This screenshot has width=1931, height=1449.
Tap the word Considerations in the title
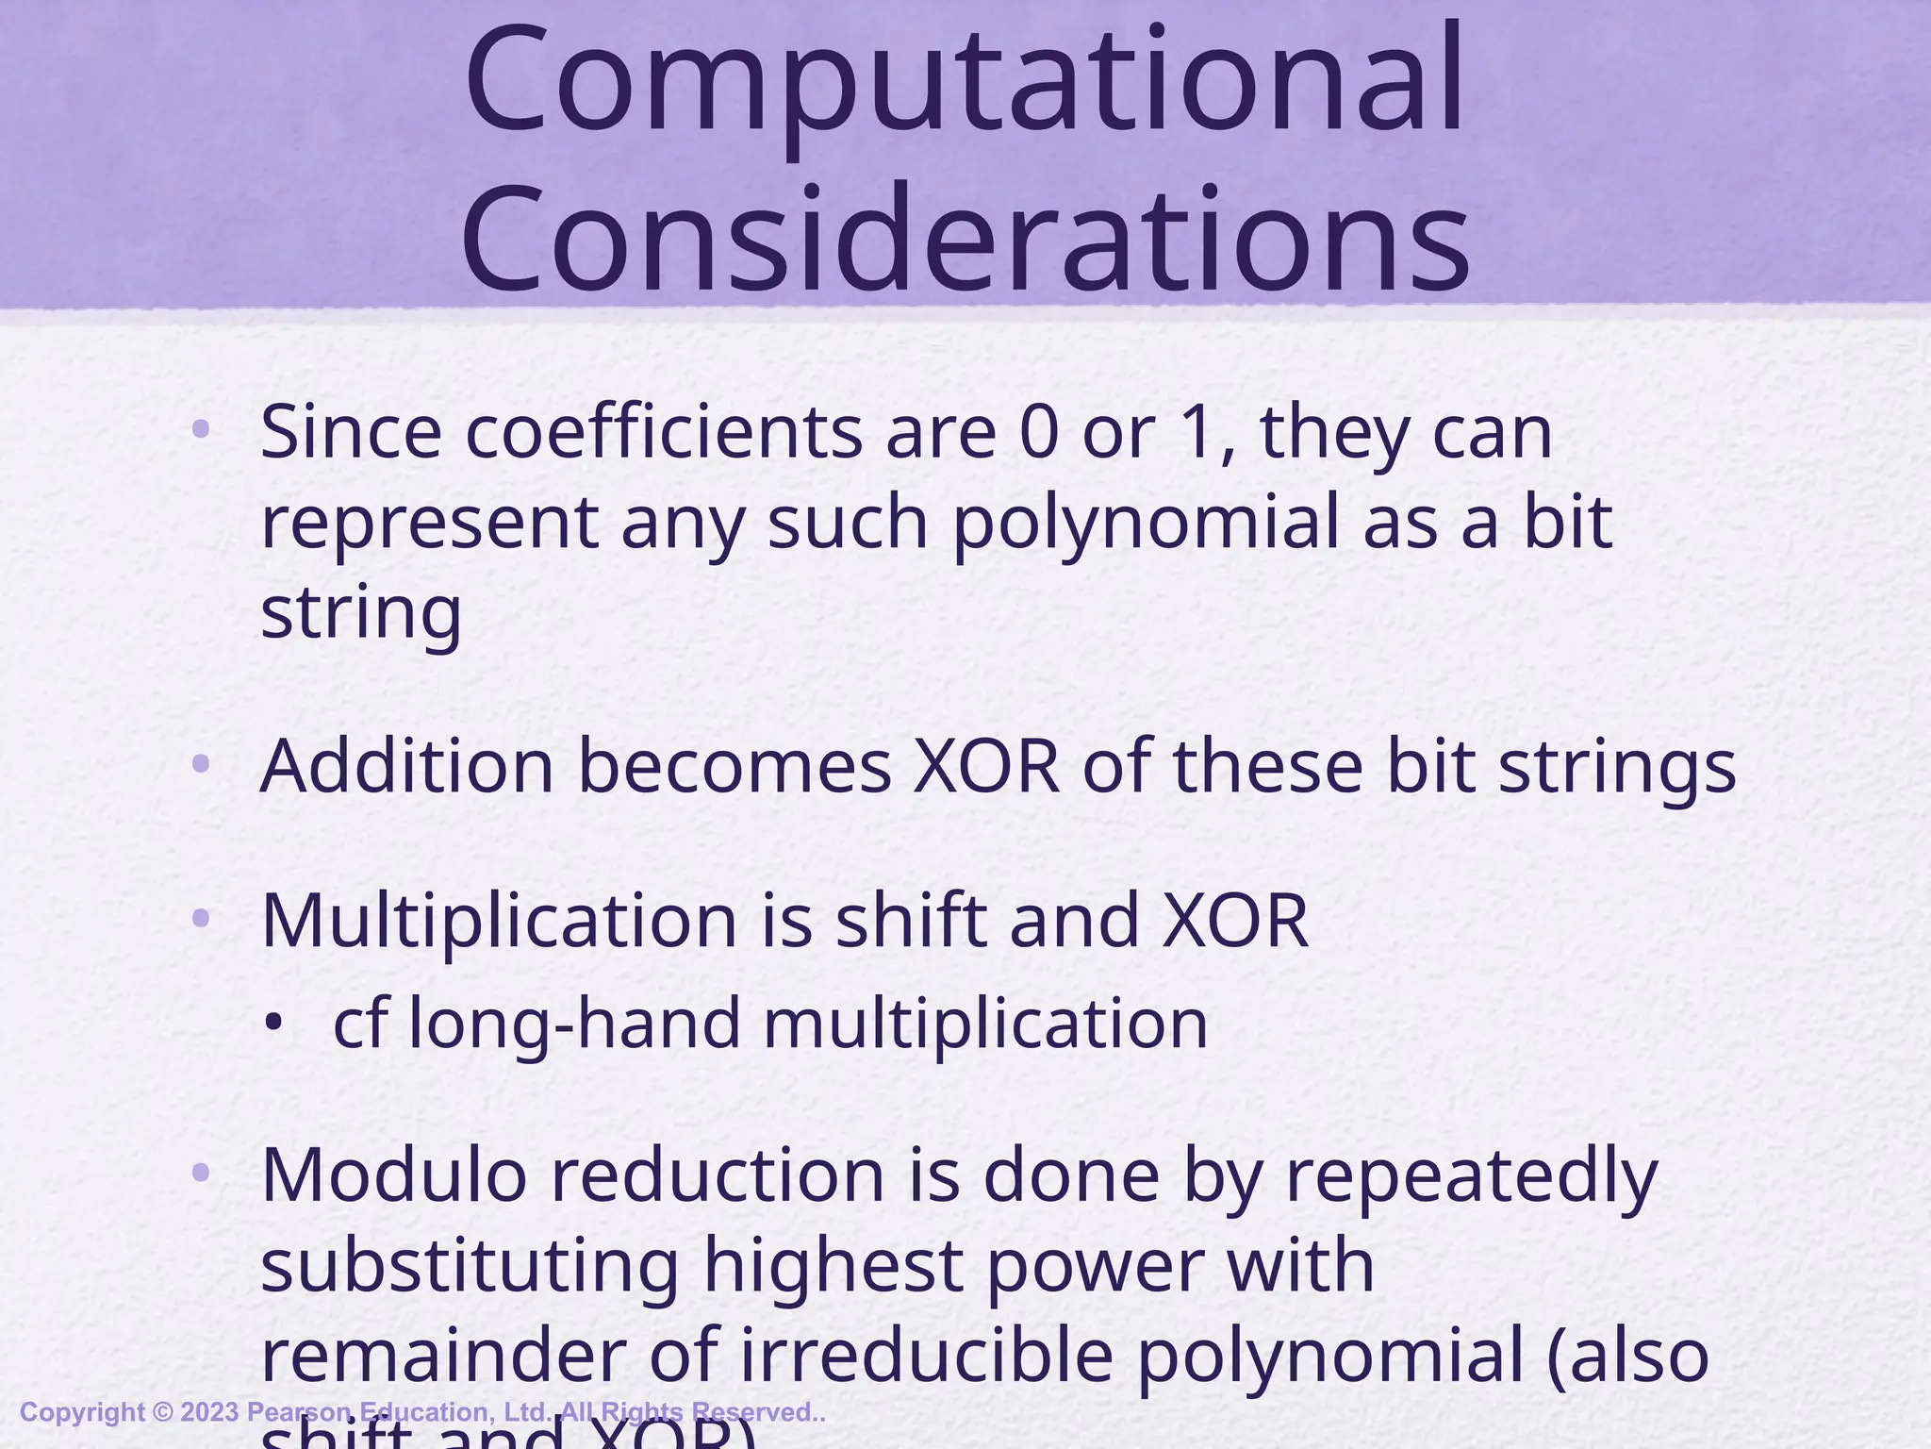point(964,238)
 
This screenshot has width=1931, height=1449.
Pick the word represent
point(429,525)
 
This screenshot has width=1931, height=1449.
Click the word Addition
point(406,766)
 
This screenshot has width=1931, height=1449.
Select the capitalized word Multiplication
point(499,920)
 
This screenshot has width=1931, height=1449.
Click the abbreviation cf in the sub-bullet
point(358,1023)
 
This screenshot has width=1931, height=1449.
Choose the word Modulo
point(394,1175)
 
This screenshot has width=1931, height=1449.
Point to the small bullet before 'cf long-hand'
point(273,1023)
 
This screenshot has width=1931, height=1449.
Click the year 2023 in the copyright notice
point(209,1412)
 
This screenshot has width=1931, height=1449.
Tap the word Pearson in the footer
point(299,1412)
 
